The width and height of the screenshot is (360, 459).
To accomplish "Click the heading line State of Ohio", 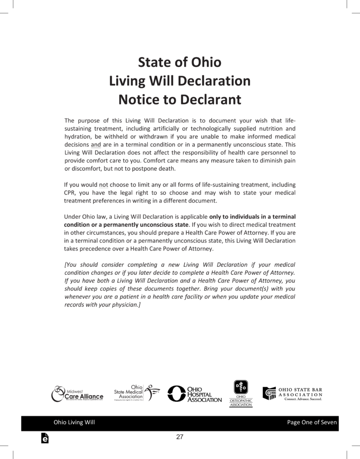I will pos(180,62).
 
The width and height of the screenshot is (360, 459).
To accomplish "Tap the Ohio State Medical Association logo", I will pos(137,392).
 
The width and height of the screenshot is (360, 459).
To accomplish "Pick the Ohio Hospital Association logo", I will pos(194,394).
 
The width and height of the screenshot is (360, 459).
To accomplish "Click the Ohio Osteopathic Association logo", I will pos(241,394).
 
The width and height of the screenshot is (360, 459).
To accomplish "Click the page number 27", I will pos(180,437).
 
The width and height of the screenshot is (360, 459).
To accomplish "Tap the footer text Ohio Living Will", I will pos(74,422).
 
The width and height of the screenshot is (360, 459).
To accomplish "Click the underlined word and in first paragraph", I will pos(96,145).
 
